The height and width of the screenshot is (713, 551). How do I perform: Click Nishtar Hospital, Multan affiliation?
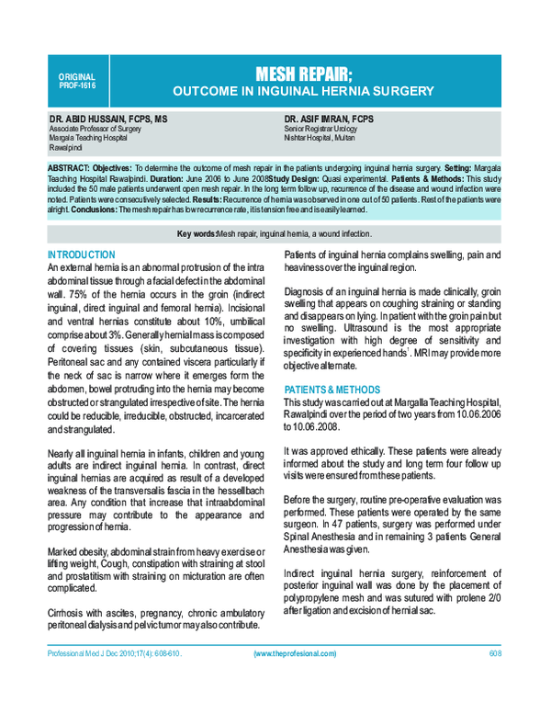click(320, 138)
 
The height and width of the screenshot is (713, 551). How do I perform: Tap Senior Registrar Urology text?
click(320, 130)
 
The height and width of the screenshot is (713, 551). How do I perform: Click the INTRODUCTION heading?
click(81, 255)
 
